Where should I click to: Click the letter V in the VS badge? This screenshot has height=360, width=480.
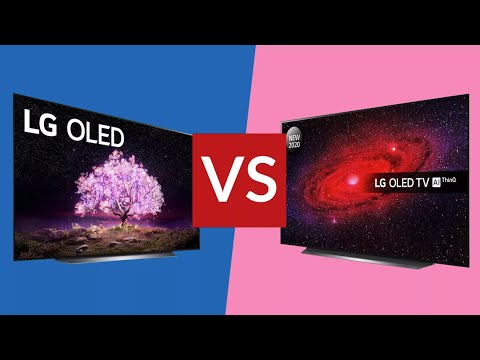coord(222,179)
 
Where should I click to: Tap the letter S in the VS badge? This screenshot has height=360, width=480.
coord(259,179)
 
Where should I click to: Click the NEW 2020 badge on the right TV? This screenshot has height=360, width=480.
coord(294,136)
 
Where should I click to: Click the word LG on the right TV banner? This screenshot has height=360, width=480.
coord(379,183)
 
